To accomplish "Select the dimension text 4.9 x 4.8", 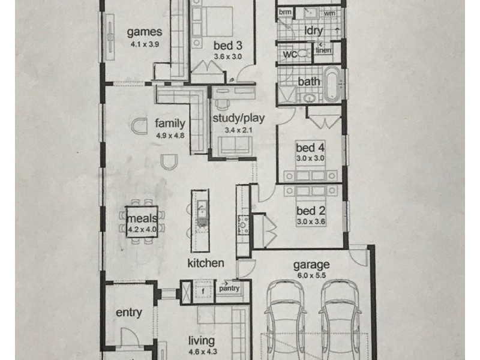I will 169,136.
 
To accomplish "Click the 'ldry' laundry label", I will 311,30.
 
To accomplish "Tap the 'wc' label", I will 290,55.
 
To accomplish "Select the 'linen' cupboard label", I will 325,51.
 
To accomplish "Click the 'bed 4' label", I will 310,148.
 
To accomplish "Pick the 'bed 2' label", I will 310,211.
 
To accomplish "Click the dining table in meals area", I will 142,223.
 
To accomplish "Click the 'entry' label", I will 128,312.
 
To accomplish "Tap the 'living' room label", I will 200,340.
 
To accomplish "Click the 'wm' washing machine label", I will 329,13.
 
